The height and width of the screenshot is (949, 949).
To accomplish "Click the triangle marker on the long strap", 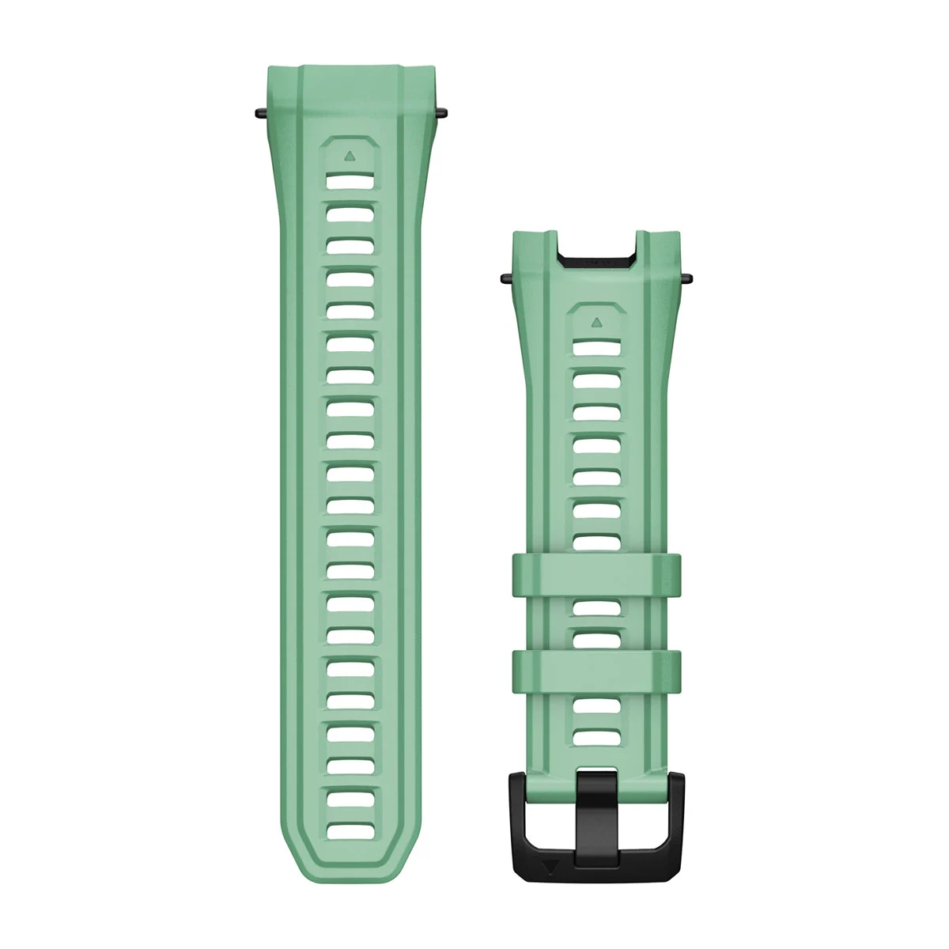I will [349, 157].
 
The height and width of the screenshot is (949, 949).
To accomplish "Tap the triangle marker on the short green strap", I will [595, 323].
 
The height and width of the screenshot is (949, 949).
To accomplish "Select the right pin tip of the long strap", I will [440, 113].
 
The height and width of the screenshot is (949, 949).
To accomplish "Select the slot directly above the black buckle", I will [595, 736].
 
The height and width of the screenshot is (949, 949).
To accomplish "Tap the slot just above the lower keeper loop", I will [595, 637].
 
